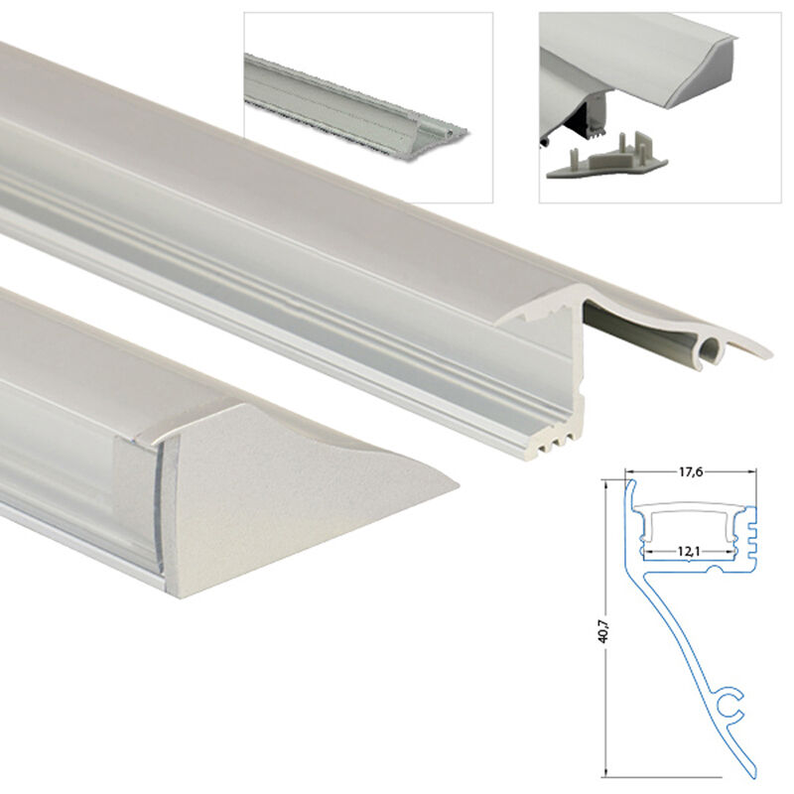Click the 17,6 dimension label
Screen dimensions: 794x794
click(691, 472)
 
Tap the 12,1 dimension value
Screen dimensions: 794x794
click(689, 551)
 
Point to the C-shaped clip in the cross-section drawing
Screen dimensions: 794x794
click(729, 704)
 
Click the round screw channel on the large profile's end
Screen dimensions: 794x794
click(711, 349)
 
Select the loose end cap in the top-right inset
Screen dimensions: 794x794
click(606, 161)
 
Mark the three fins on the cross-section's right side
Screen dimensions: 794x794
click(751, 533)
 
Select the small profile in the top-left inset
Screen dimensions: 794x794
click(355, 107)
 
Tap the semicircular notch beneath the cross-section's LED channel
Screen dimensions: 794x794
click(714, 571)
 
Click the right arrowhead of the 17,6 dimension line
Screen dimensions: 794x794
click(753, 472)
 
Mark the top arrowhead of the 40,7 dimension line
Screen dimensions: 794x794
click(606, 485)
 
